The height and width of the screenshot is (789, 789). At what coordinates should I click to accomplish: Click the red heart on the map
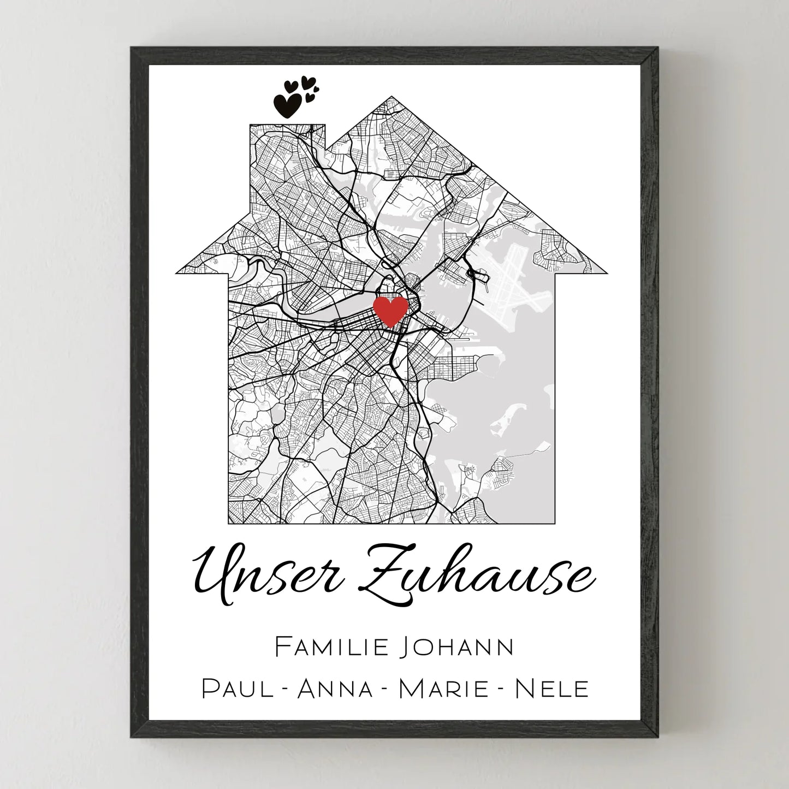[x=390, y=310]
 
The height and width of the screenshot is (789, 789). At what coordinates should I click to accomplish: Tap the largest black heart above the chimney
[x=287, y=105]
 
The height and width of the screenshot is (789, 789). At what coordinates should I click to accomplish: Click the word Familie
[x=331, y=647]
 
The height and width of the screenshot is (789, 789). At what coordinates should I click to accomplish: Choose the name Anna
[x=335, y=689]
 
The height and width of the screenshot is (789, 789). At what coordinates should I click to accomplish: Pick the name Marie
[x=443, y=689]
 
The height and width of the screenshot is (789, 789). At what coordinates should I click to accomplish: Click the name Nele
[x=552, y=689]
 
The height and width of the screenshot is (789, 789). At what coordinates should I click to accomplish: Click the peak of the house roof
[x=391, y=98]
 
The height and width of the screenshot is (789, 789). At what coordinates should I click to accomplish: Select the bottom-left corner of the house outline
[x=228, y=523]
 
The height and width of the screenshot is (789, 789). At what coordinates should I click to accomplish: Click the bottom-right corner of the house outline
[x=555, y=523]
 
